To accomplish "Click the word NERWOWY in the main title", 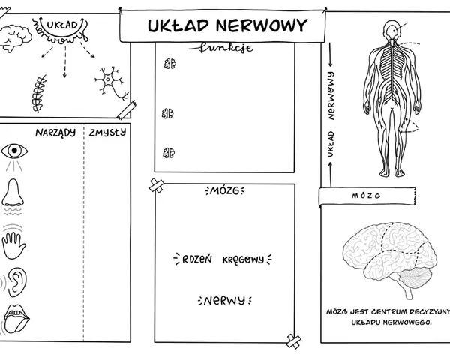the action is (x=262, y=25).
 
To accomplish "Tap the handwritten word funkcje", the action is (x=221, y=48).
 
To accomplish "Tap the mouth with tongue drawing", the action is (x=16, y=319).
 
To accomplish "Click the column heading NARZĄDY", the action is (x=55, y=133).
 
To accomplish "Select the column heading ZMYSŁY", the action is (x=107, y=132).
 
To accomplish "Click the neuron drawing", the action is (x=111, y=83).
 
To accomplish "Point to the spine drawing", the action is (x=39, y=94).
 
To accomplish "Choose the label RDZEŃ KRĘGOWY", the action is (x=223, y=259).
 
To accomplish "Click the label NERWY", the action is (x=224, y=301).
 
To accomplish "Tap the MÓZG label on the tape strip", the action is (x=366, y=196).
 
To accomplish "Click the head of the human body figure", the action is (x=391, y=30).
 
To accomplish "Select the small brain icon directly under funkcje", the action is (x=170, y=64).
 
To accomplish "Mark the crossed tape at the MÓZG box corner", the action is (x=157, y=185).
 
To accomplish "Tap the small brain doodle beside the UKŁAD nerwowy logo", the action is (x=15, y=38).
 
